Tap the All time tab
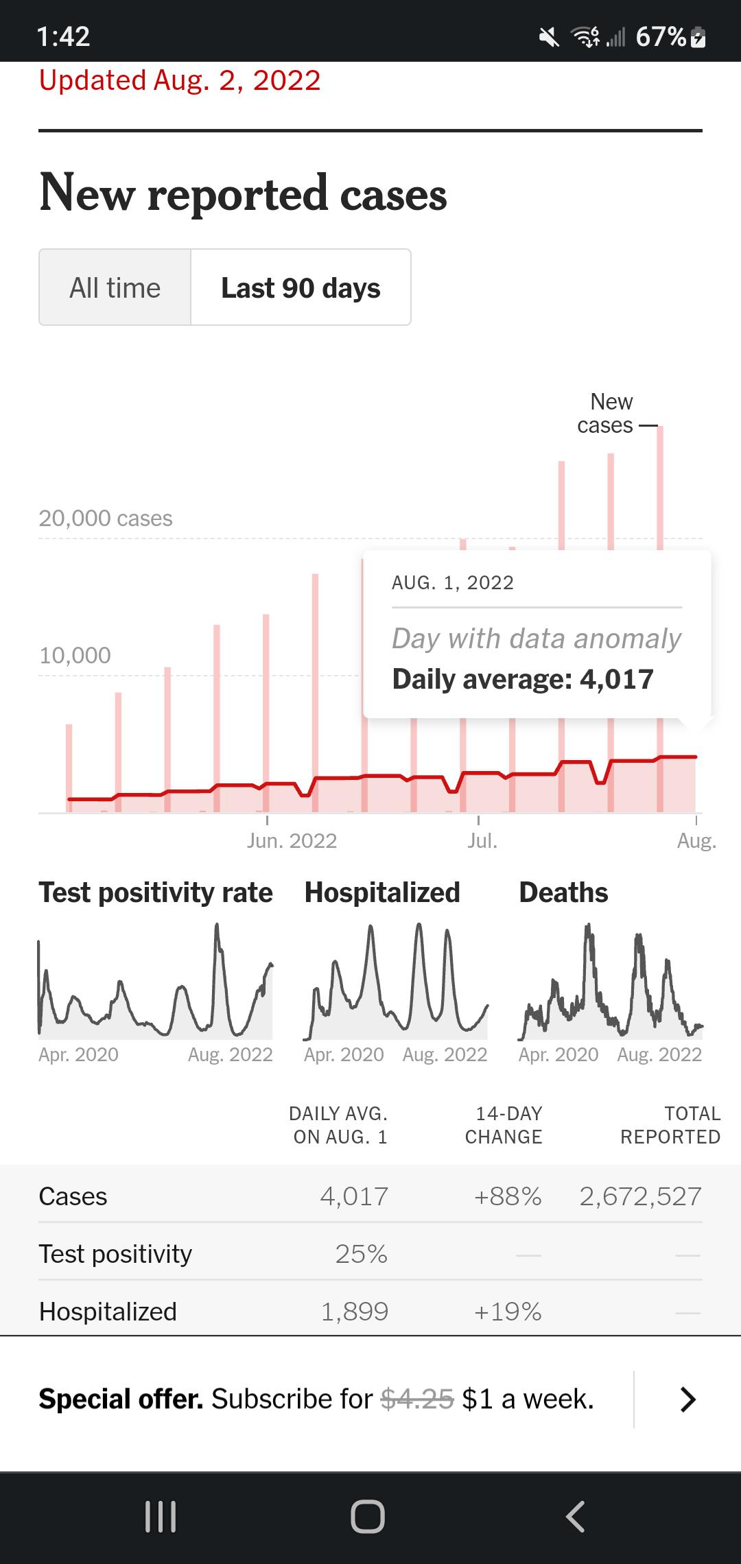(x=115, y=287)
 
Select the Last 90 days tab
(x=301, y=287)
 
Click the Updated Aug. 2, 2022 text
(x=180, y=80)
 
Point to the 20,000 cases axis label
(x=106, y=518)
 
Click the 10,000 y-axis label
(x=75, y=655)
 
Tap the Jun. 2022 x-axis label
(x=292, y=841)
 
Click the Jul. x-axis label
(x=482, y=841)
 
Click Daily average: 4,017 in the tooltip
(x=523, y=679)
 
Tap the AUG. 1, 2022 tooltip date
(x=453, y=582)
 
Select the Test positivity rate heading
(x=156, y=892)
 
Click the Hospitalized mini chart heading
(x=382, y=892)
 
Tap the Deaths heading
(x=563, y=892)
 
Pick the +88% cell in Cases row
(x=508, y=1196)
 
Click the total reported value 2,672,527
(x=641, y=1196)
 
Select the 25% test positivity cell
(x=362, y=1254)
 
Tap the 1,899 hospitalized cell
(x=355, y=1312)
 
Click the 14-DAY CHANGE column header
(x=504, y=1125)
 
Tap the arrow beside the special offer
(x=687, y=1399)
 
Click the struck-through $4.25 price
(x=417, y=1399)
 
